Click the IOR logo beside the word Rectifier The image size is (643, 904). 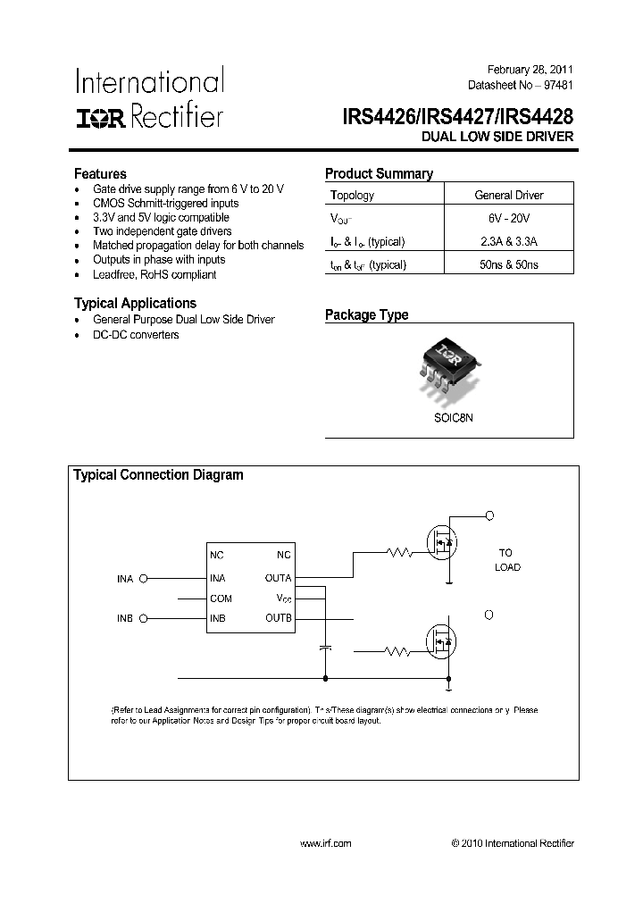(x=101, y=116)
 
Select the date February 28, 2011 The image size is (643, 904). (x=530, y=70)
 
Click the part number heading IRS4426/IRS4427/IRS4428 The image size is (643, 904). (x=457, y=116)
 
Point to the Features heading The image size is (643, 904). (x=100, y=174)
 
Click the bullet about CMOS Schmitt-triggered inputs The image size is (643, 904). (x=166, y=204)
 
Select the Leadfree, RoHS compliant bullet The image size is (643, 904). (x=154, y=274)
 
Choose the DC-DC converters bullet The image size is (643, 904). (x=136, y=335)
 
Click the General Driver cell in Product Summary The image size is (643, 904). (x=509, y=196)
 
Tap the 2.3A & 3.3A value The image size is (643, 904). (x=509, y=242)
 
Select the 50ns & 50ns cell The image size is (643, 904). (x=509, y=264)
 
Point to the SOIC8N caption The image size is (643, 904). (x=449, y=415)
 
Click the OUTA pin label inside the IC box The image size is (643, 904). (x=278, y=578)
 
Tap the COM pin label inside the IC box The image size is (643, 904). (x=221, y=598)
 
